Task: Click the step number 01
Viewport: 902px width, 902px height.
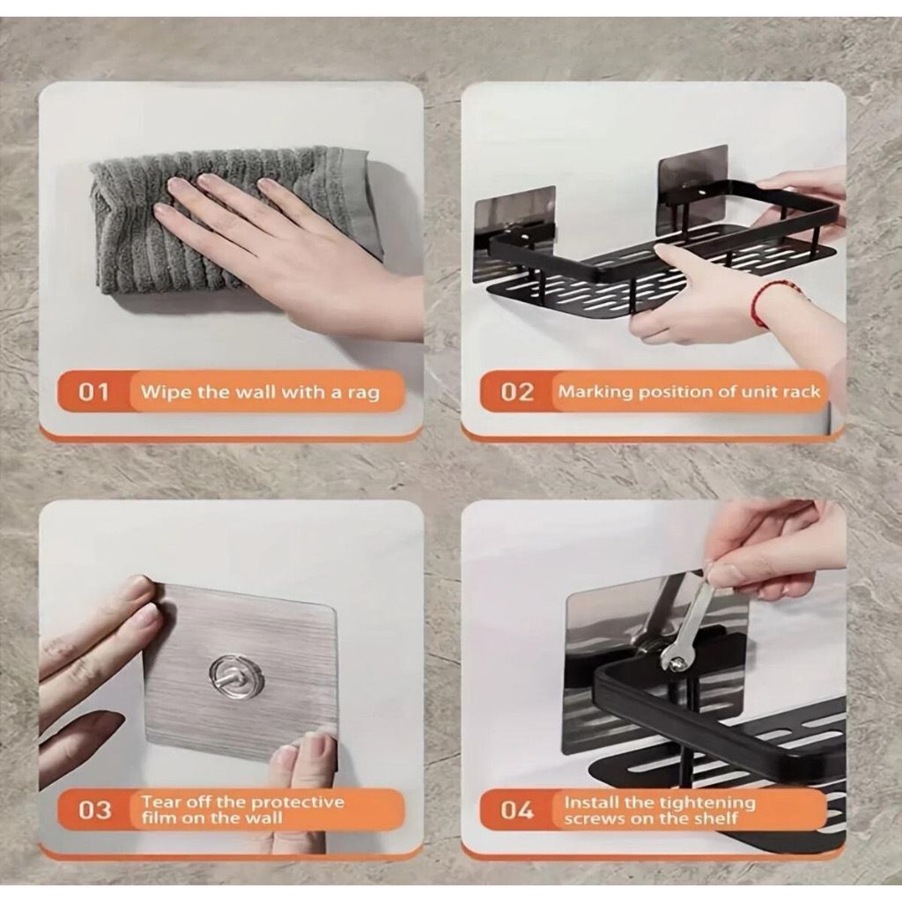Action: [x=93, y=392]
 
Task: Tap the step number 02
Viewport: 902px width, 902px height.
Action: [x=516, y=392]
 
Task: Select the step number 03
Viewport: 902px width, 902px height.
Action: [x=94, y=810]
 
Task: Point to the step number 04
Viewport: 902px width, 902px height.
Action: [x=516, y=810]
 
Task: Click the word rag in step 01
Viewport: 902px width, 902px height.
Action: [x=364, y=394]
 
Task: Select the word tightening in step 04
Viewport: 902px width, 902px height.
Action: [x=707, y=802]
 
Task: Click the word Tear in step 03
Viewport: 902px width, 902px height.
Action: [x=159, y=802]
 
